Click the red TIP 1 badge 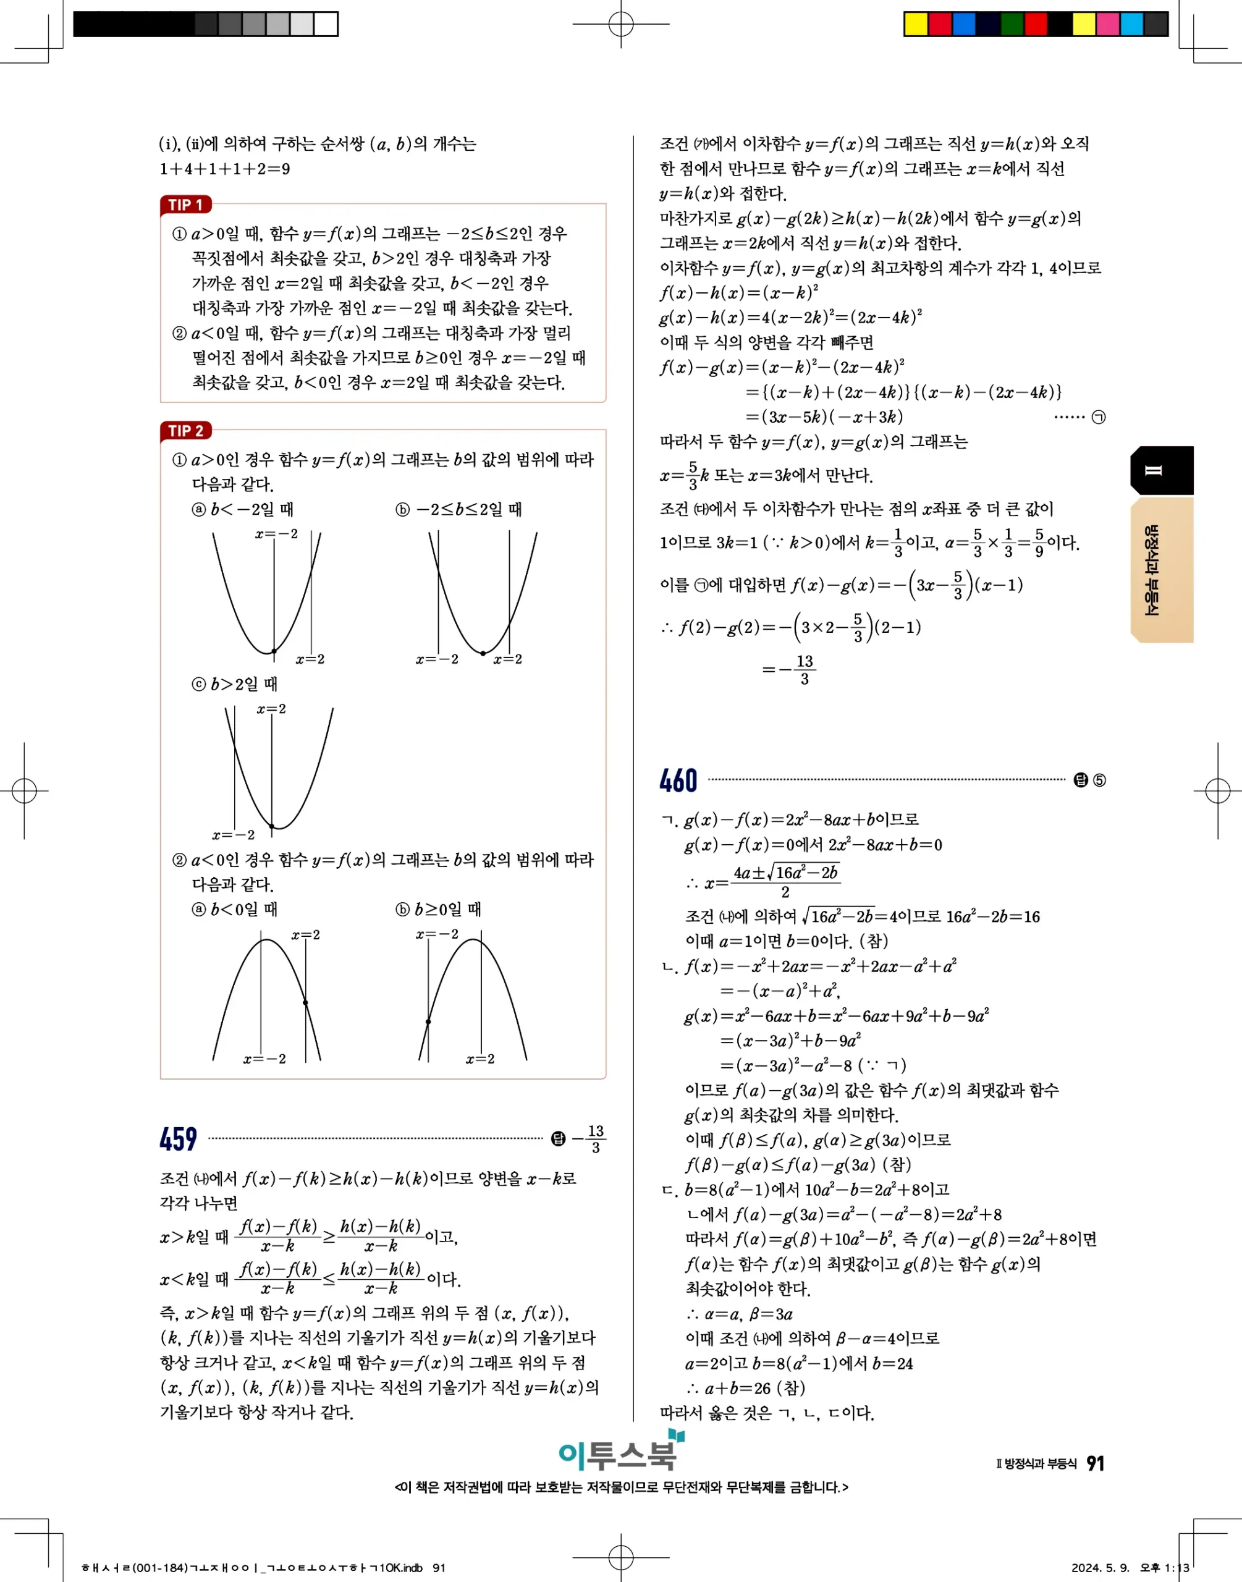click(185, 205)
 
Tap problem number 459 click(178, 1138)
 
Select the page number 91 click(1095, 1463)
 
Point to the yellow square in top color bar click(916, 24)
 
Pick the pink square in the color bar click(1107, 24)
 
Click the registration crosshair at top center click(620, 24)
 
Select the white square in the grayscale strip click(326, 24)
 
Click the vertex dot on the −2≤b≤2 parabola click(483, 653)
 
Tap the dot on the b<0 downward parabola click(305, 1002)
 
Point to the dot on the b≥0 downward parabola click(428, 1022)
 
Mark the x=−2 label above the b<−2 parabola click(276, 535)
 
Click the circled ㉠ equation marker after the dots click(1099, 417)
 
